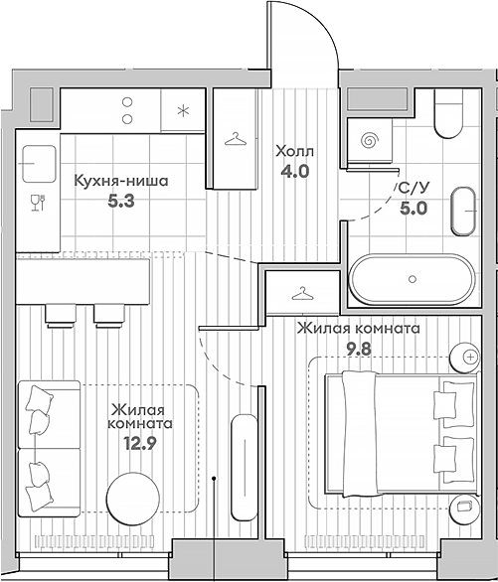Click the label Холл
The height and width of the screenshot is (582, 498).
[x=294, y=151]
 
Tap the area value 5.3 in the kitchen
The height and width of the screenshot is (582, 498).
[x=120, y=202]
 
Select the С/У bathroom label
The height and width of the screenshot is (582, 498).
[x=414, y=189]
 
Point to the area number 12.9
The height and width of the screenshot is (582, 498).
[x=140, y=443]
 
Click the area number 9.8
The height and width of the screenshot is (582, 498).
[x=359, y=349]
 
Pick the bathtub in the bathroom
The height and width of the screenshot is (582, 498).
[x=413, y=279]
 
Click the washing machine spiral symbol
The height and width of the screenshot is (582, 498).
[x=370, y=140]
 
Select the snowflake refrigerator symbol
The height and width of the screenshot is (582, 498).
[x=183, y=110]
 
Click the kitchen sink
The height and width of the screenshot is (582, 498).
[x=39, y=164]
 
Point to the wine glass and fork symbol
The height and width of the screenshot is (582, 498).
[x=38, y=203]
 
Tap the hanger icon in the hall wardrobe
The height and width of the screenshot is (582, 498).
[x=236, y=139]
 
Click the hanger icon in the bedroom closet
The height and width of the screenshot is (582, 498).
[x=302, y=294]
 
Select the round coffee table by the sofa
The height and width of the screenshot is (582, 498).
[x=133, y=499]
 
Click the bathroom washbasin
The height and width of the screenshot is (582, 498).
[x=463, y=211]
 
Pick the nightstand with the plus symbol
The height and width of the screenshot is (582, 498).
[x=465, y=358]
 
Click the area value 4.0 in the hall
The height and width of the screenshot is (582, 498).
[x=295, y=172]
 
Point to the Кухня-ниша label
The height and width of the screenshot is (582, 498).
[x=121, y=181]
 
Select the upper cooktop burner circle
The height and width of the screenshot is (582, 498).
[x=127, y=101]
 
